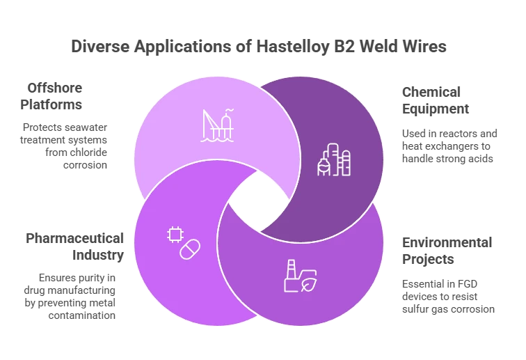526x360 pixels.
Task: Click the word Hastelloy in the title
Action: pyautogui.click(x=293, y=47)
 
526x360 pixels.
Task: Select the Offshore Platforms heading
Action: pyautogui.click(x=51, y=96)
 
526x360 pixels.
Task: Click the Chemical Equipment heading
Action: pyautogui.click(x=436, y=100)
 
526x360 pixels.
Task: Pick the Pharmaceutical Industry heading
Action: pyautogui.click(x=75, y=246)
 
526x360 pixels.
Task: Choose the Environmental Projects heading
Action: pyautogui.click(x=447, y=251)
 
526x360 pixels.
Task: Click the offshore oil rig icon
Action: pyautogui.click(x=217, y=125)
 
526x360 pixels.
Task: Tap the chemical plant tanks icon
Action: pyautogui.click(x=334, y=159)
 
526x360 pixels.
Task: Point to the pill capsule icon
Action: pyautogui.click(x=190, y=249)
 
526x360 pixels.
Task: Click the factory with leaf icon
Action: pyautogui.click(x=301, y=276)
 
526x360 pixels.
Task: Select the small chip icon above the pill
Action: pyautogui.click(x=175, y=235)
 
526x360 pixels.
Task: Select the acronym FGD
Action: pyautogui.click(x=468, y=284)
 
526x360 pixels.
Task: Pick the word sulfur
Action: pyautogui.click(x=415, y=309)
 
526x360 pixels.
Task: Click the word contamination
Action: pyautogui.click(x=82, y=315)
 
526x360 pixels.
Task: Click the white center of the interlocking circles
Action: pyautogui.click(x=259, y=201)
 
